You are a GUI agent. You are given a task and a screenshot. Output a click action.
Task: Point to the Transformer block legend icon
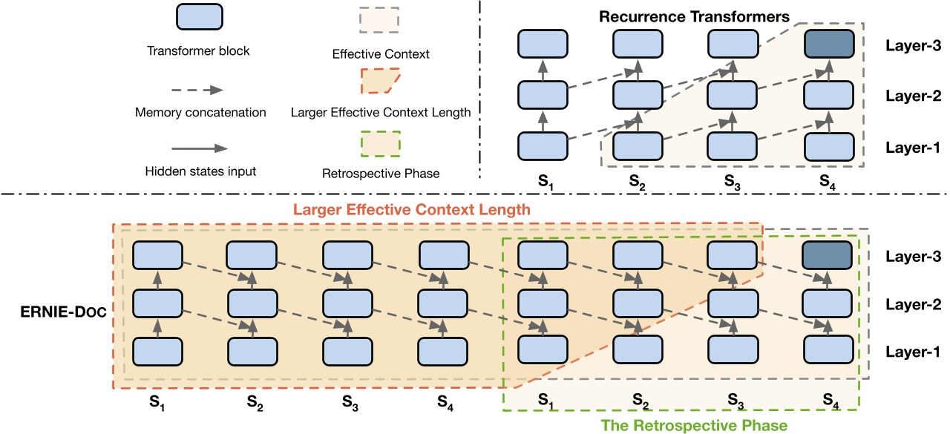point(198,16)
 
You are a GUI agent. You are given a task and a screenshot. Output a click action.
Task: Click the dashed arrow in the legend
point(197,89)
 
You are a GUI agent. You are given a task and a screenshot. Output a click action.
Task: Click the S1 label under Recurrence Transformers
point(543,180)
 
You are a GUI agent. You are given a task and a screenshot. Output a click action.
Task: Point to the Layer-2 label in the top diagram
point(913,96)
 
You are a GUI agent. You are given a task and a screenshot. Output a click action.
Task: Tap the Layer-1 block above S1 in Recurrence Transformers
point(543,145)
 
